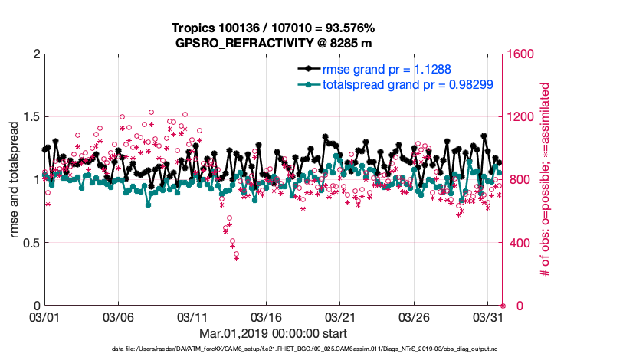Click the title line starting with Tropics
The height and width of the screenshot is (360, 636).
click(x=273, y=28)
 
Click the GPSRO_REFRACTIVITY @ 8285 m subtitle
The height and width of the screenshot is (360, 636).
click(x=273, y=42)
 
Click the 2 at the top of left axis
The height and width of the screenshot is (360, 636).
click(x=34, y=54)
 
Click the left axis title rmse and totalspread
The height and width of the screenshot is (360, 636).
click(x=14, y=180)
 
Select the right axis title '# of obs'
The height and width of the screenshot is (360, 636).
click(x=546, y=180)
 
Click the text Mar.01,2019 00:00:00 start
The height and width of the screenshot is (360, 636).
click(x=273, y=334)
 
